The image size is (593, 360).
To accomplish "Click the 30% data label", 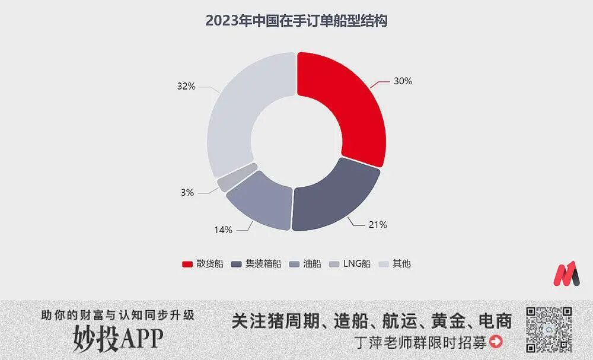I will pos(403,81).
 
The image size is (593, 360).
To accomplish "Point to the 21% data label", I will pos(378,225).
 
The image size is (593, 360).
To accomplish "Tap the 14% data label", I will pos(223,230).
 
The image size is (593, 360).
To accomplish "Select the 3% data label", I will pos(188,192).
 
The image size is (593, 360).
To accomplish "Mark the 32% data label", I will pos(186,86).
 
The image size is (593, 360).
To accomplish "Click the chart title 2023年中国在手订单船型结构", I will pos(296,21).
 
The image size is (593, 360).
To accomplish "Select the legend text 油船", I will pos(312,264).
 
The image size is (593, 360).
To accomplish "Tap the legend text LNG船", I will pos(357,264).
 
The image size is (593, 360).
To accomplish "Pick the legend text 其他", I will pos(401,264).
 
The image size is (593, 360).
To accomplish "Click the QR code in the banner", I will pos(549,330).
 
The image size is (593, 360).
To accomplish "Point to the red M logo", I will pos(566,274).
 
